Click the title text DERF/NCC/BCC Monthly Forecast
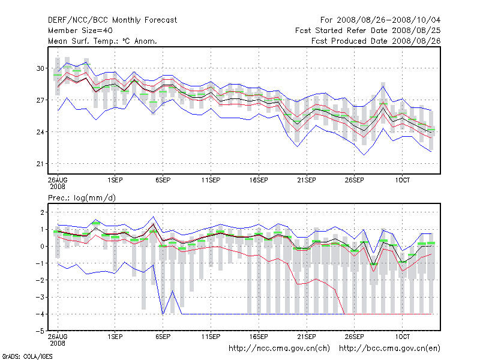click(x=112, y=20)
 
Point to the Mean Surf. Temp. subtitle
click(x=102, y=41)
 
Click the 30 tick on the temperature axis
click(x=41, y=68)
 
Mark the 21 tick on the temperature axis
click(x=41, y=164)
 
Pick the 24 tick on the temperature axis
click(x=41, y=132)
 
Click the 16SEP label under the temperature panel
click(x=258, y=179)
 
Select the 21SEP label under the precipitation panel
click(x=306, y=337)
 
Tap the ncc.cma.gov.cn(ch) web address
click(x=279, y=348)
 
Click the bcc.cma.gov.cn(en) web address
click(x=390, y=348)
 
